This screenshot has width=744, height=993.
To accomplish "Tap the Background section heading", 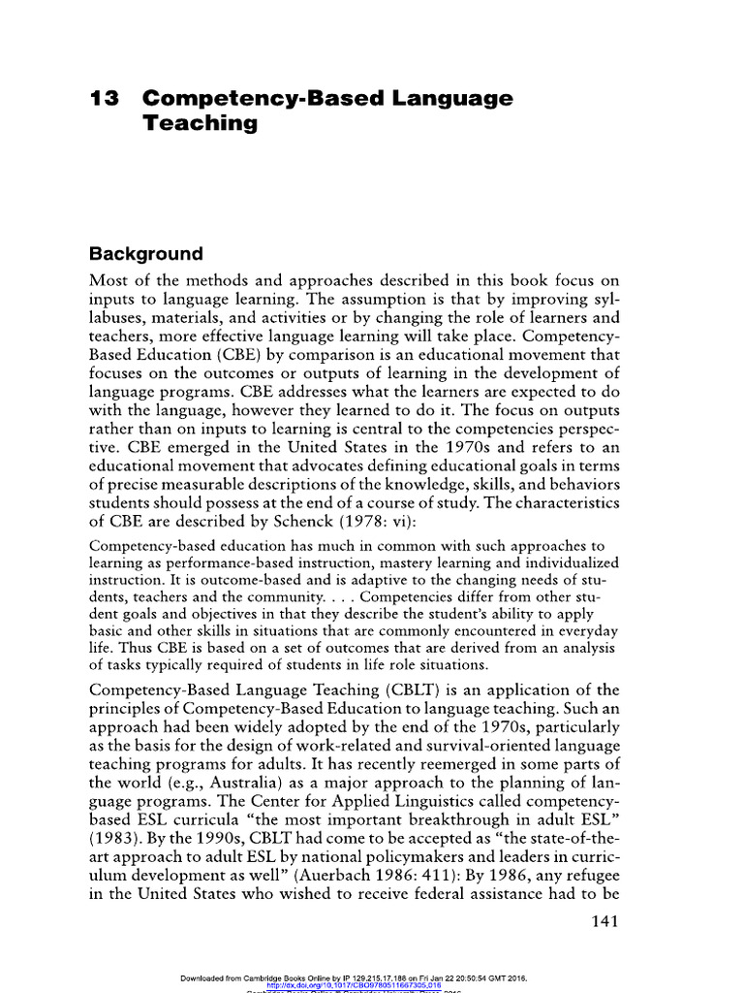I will [146, 255].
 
